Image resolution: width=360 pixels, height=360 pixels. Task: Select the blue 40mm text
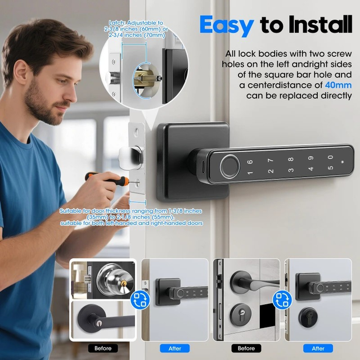(338, 85)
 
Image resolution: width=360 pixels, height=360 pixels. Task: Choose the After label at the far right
(318, 349)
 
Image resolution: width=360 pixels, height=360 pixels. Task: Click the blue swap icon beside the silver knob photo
(139, 299)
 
